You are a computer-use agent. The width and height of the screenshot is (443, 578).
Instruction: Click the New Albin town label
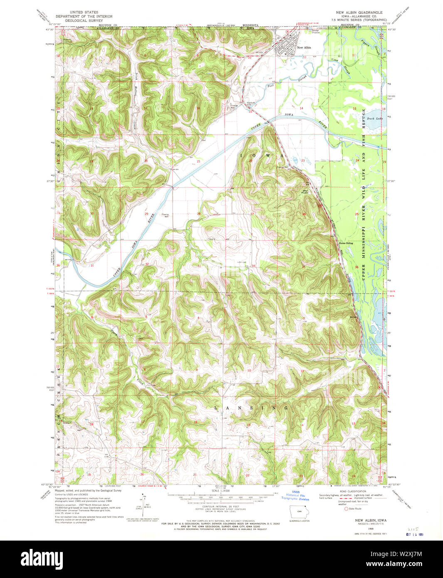click(304, 47)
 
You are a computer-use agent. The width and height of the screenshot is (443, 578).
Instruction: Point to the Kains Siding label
click(346, 243)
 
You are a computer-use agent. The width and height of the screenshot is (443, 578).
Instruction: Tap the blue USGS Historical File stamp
click(297, 496)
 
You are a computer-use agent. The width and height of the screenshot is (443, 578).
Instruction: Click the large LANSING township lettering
click(251, 408)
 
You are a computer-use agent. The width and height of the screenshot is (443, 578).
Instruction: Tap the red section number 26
click(304, 215)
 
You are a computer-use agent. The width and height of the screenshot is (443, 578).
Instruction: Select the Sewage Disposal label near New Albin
click(317, 31)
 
